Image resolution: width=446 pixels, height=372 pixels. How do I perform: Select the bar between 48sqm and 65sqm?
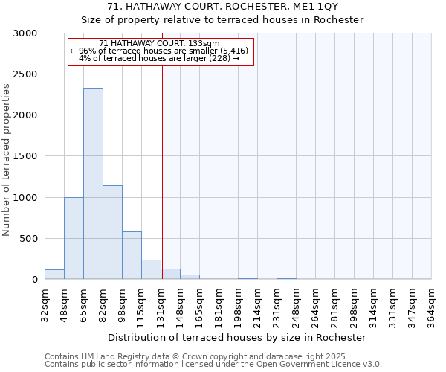(x=74, y=238)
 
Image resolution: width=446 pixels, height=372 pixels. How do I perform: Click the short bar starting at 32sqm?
(x=54, y=275)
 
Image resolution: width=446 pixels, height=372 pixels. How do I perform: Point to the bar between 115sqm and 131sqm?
(x=151, y=269)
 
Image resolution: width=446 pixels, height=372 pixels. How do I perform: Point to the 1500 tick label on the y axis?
(x=26, y=156)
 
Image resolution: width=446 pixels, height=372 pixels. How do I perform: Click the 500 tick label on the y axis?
(x=29, y=239)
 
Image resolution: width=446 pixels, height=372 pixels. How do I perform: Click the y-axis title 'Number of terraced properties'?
(x=7, y=160)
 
